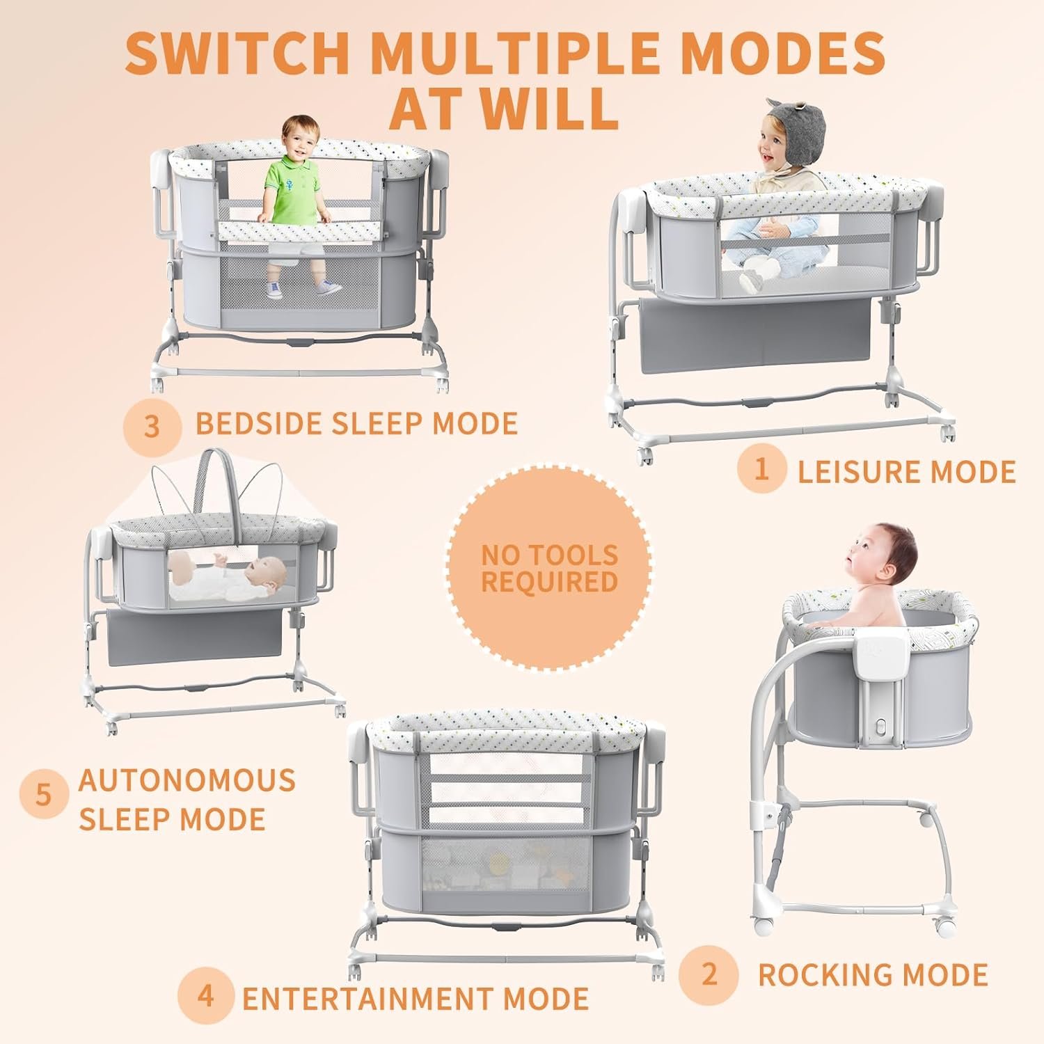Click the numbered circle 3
tap(152, 426)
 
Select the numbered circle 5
tap(44, 794)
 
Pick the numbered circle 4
tap(205, 996)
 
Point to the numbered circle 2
tap(709, 974)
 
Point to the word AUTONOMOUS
tap(187, 780)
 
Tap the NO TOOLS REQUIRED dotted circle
tap(549, 569)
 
